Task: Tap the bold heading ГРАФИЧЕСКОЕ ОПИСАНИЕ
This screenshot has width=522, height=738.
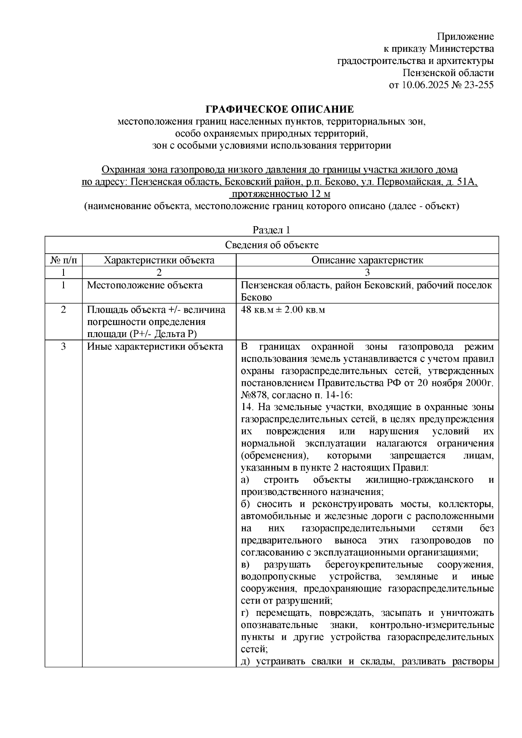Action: tap(280, 109)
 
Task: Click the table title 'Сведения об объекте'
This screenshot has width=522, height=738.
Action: tap(271, 245)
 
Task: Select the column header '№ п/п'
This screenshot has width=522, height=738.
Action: tap(64, 260)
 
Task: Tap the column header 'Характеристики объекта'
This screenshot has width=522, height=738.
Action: tap(159, 260)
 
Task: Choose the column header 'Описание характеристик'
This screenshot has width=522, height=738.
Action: tap(367, 260)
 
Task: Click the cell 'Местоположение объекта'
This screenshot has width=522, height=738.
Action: tap(144, 285)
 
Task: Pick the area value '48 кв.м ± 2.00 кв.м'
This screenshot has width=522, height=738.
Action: tap(283, 310)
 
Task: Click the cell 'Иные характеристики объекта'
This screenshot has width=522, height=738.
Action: tap(155, 347)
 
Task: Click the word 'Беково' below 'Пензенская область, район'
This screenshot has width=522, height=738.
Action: tap(256, 298)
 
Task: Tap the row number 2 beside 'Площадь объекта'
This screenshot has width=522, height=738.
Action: tap(64, 310)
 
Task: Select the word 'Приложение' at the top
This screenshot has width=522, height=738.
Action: tap(465, 37)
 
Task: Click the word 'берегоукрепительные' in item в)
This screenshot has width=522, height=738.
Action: tap(374, 564)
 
